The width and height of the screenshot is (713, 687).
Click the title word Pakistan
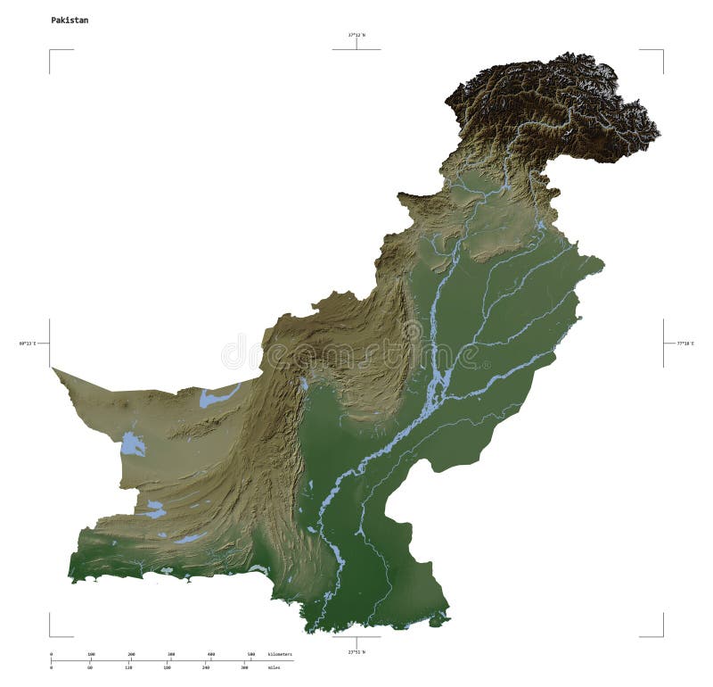pos(69,20)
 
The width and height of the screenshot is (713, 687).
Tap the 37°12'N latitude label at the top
pos(356,35)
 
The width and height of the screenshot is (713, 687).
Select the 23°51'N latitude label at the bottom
pos(356,652)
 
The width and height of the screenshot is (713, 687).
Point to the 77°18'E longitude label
pos(684,343)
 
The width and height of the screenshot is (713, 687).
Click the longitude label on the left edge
pos(28,343)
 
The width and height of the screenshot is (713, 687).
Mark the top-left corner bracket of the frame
pos(51,51)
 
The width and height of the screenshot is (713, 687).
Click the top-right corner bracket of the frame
pos(661,51)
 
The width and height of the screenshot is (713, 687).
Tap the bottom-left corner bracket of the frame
pos(51,634)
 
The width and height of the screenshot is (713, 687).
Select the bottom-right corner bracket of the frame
pos(661,634)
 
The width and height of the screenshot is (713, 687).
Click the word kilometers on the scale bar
pos(280,654)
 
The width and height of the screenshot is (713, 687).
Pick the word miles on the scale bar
pos(274,666)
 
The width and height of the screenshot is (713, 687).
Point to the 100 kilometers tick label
pos(91,654)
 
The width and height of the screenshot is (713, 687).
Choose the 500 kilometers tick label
pos(250,654)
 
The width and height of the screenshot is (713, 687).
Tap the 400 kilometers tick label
pos(210,654)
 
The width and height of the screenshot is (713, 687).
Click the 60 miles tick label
pos(90,666)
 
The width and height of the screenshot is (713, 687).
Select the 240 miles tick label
pos(206,666)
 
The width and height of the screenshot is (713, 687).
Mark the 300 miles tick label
pos(244,666)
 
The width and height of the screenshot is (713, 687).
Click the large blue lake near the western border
pos(133,443)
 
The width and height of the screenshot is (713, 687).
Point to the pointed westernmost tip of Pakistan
pos(53,368)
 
